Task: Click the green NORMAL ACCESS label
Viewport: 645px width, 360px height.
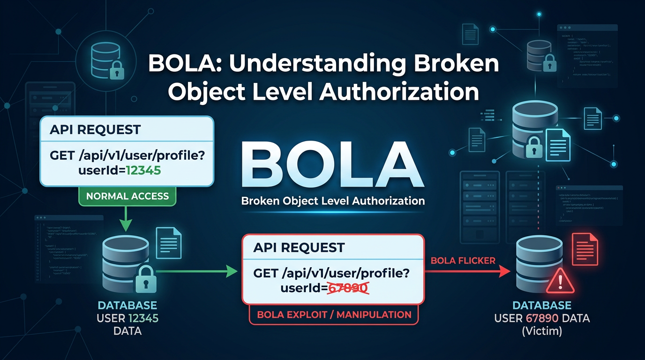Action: click(127, 196)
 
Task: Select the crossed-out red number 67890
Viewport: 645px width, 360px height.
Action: click(347, 288)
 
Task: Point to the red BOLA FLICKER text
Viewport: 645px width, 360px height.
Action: click(463, 261)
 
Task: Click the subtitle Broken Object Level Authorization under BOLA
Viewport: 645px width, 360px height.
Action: click(333, 201)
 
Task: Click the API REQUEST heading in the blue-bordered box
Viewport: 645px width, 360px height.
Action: click(95, 130)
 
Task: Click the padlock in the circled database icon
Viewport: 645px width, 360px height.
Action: click(117, 71)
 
